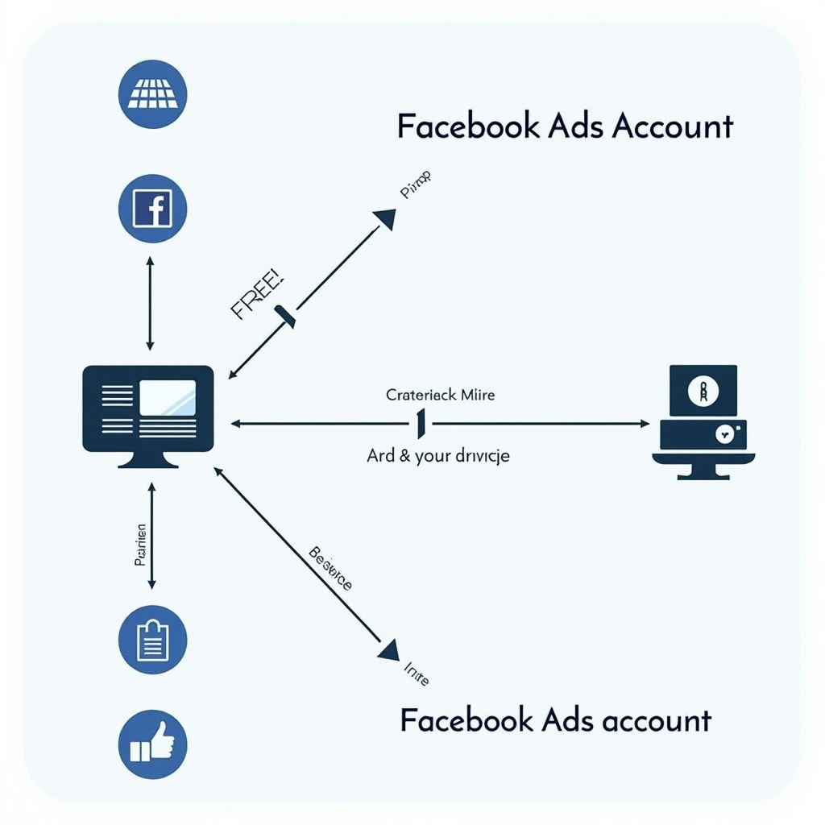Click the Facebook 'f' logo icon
click(x=152, y=209)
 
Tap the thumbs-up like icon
click(x=152, y=744)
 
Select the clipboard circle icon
click(x=152, y=640)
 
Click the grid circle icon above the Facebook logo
click(x=152, y=93)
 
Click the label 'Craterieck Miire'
click(x=441, y=395)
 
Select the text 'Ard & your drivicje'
click(x=438, y=456)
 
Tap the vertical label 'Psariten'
click(x=141, y=545)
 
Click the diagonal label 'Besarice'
click(x=330, y=569)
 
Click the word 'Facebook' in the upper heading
click(x=467, y=126)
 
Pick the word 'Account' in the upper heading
click(x=673, y=126)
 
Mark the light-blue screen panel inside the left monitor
click(x=168, y=398)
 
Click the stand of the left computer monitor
click(x=148, y=459)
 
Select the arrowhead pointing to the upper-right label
click(x=385, y=218)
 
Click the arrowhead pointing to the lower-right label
click(x=388, y=649)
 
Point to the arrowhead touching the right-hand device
click(x=643, y=423)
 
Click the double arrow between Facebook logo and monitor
click(x=150, y=303)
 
